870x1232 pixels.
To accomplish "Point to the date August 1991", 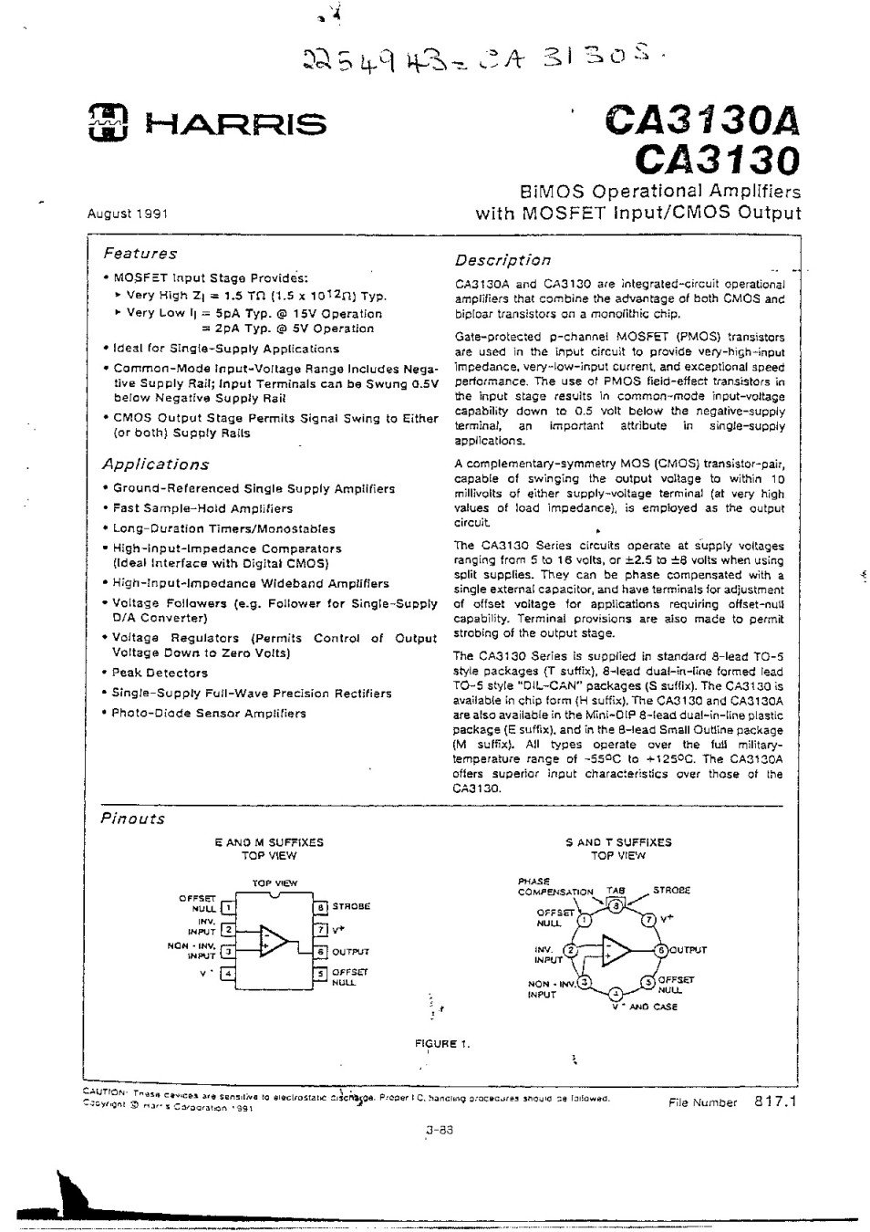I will (127, 214).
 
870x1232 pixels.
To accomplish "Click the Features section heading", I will (140, 254).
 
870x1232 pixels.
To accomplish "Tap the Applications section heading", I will (155, 464).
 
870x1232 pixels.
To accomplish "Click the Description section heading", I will (502, 260).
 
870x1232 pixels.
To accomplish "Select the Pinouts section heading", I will (132, 819).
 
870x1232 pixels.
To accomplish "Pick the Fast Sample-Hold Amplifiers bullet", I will (202, 508).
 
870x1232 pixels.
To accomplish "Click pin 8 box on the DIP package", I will (320, 907).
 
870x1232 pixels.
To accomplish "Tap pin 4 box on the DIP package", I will (228, 974).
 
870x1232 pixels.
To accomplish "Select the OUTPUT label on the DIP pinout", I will (350, 952).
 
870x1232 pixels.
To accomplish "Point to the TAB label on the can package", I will (616, 891).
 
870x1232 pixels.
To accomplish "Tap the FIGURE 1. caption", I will (442, 1044).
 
